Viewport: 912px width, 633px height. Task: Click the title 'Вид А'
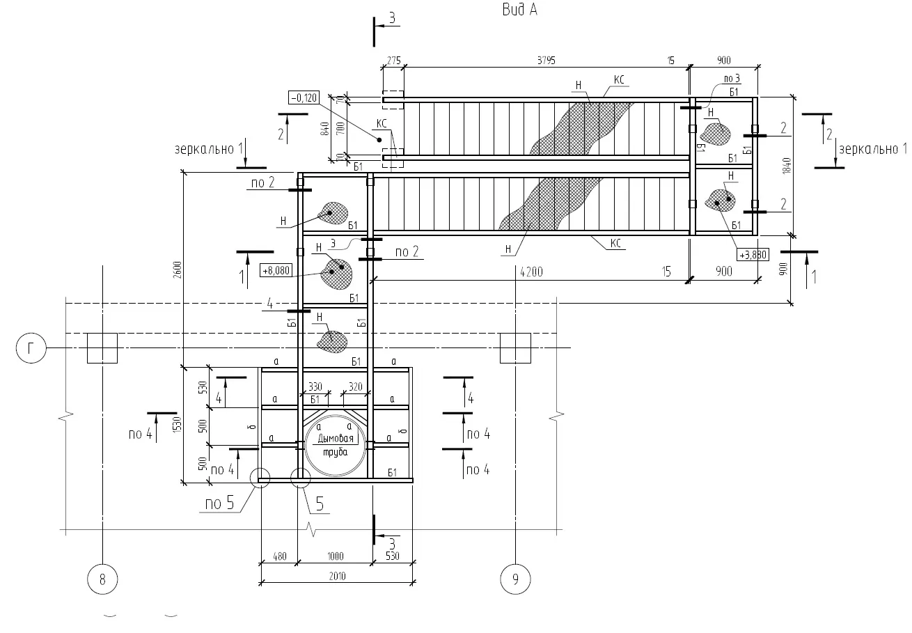519,10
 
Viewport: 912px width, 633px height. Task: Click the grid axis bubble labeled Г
31,348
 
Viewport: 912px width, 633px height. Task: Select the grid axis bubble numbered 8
102,579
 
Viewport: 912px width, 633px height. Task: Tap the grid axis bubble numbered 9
515,579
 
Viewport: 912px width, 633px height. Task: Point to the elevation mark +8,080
274,270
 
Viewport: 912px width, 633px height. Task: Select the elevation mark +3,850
753,255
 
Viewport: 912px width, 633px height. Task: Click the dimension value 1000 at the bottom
336,556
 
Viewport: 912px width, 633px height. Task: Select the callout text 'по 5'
219,503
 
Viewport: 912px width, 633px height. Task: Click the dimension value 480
278,556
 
